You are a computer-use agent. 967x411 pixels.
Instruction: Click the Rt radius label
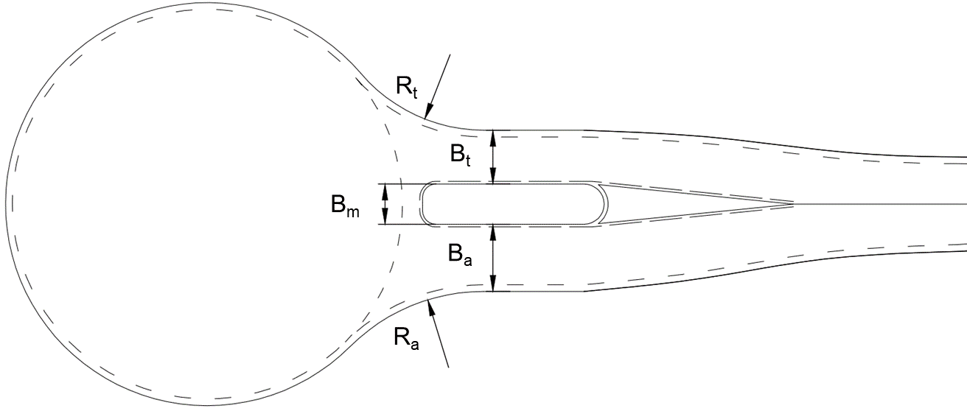point(407,88)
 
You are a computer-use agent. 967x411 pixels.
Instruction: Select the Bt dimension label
point(460,155)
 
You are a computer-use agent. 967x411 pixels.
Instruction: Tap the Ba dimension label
point(460,254)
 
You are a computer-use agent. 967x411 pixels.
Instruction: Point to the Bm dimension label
point(345,205)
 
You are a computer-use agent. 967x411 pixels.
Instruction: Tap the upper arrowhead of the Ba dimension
point(493,233)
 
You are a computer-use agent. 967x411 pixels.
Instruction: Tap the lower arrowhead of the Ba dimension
point(493,284)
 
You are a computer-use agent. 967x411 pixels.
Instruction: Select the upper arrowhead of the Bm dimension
point(385,192)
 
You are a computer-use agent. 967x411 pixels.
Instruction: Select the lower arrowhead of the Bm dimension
point(385,217)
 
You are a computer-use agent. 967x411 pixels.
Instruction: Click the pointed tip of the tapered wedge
point(794,203)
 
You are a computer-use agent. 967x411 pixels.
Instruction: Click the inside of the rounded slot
point(514,204)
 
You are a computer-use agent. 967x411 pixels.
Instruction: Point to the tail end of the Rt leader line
point(450,55)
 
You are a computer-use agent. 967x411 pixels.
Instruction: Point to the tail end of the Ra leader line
point(449,368)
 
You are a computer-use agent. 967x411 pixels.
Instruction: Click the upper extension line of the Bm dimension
point(403,183)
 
